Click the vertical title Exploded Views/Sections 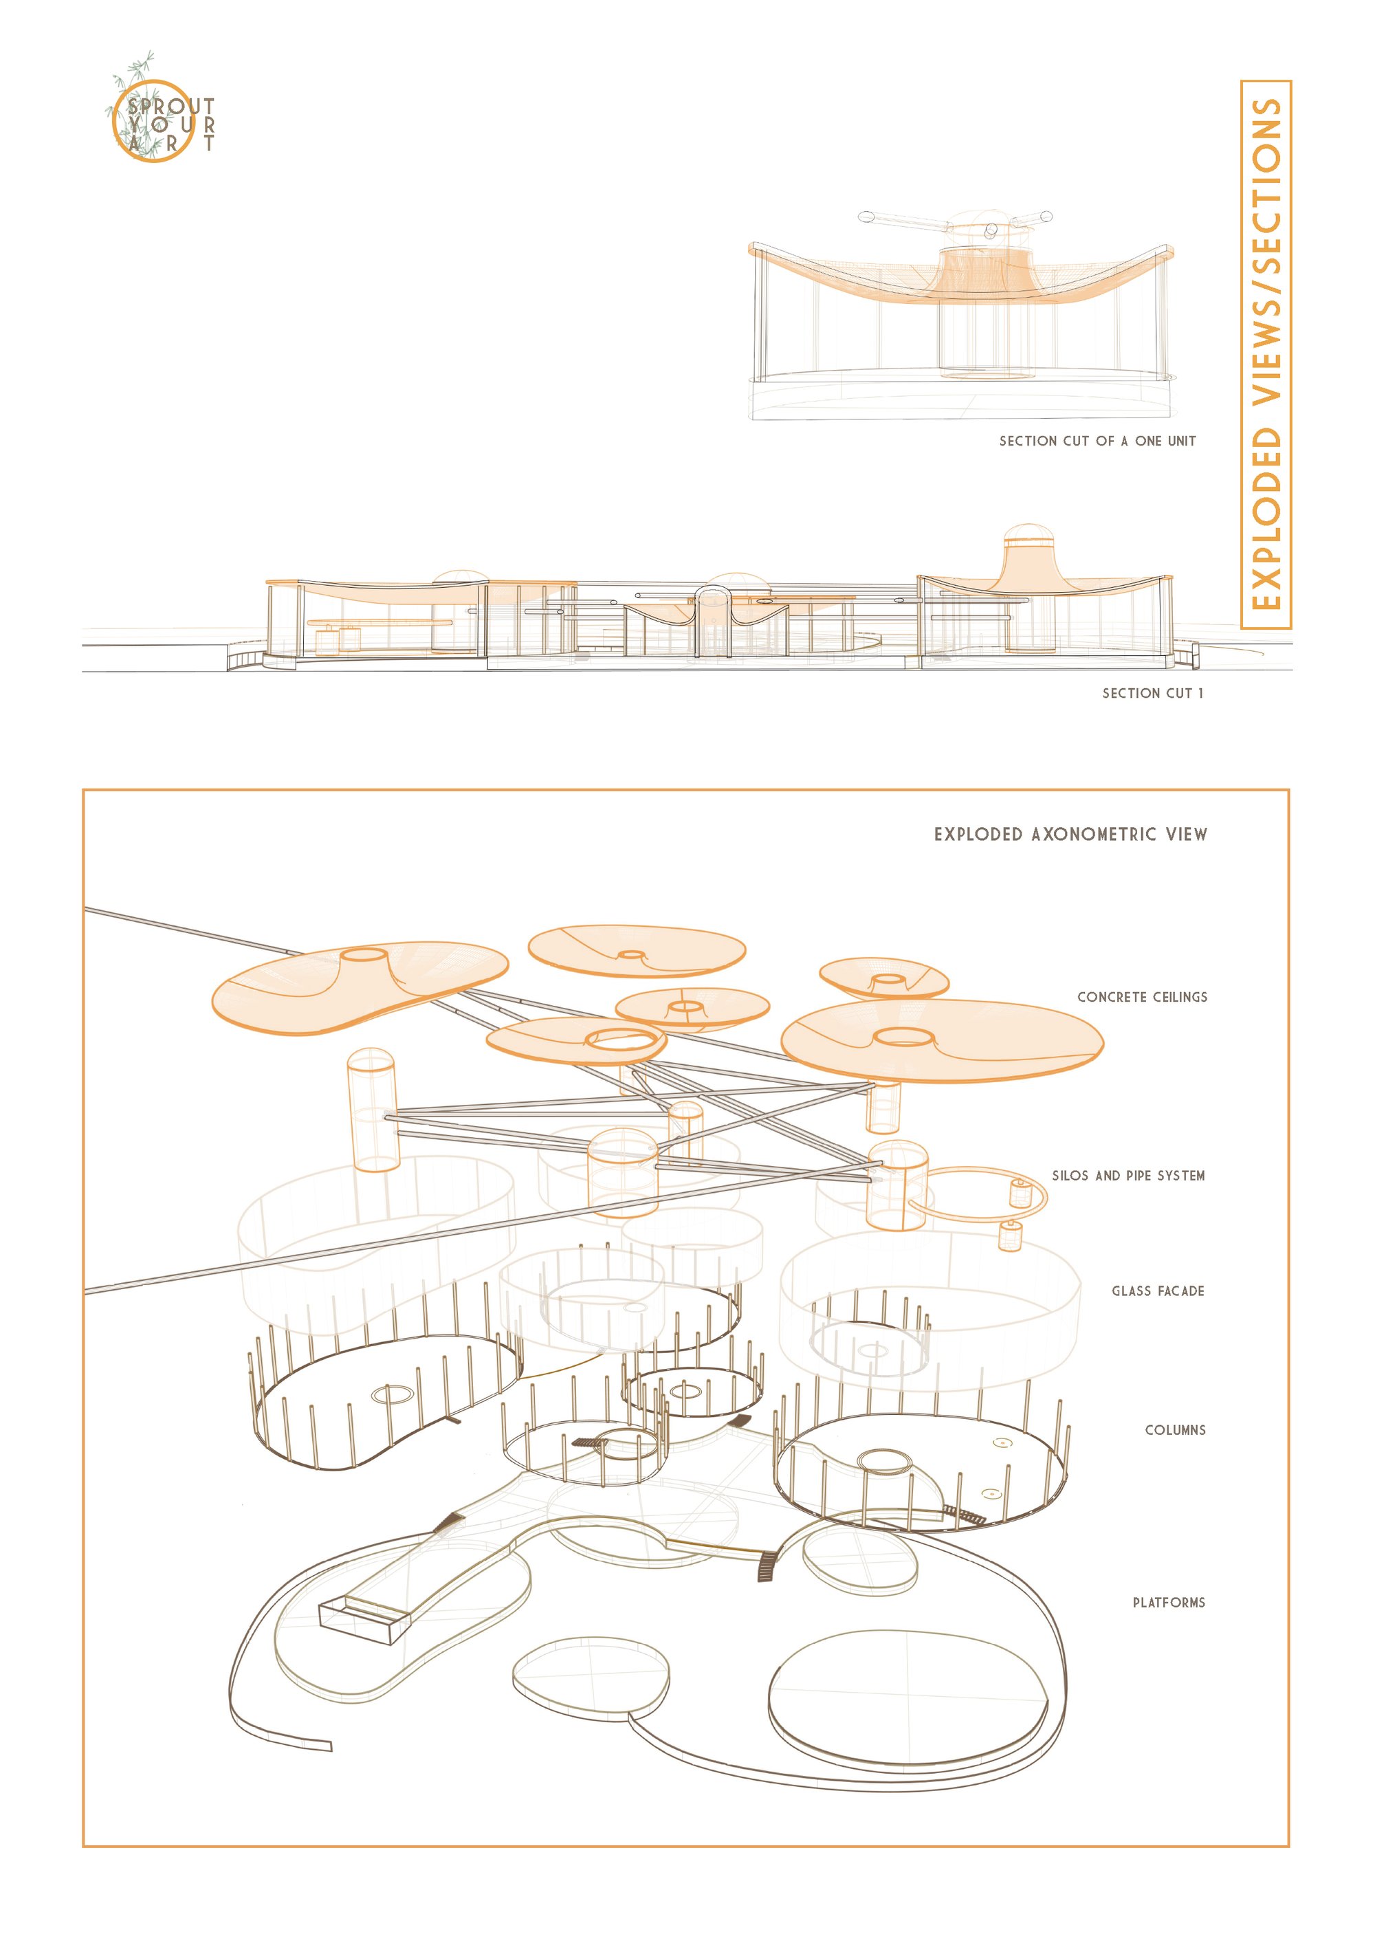pos(1266,354)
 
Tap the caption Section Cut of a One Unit pos(1097,441)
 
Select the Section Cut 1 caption pos(1152,693)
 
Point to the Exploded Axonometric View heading pos(1071,835)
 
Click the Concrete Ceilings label pos(1142,997)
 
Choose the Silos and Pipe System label pos(1128,1176)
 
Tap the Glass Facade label pos(1158,1291)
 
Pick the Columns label pos(1175,1430)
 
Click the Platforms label pos(1169,1603)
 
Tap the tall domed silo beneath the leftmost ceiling pos(372,1110)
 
